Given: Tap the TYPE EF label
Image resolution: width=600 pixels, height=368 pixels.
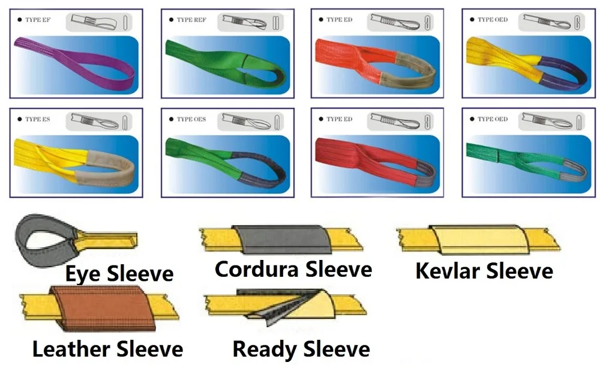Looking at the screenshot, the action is tap(38, 20).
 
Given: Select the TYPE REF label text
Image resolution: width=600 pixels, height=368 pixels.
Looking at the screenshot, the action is tap(191, 20).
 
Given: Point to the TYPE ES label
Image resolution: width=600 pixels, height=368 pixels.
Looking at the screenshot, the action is tap(38, 119).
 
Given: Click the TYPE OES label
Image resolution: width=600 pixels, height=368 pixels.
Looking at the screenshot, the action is tap(191, 119).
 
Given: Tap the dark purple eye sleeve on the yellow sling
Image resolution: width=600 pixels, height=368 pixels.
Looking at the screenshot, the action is tap(561, 72).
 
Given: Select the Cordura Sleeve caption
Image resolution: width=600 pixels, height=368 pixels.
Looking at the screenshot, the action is tap(293, 269).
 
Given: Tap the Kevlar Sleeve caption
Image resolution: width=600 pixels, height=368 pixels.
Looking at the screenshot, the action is tap(484, 271).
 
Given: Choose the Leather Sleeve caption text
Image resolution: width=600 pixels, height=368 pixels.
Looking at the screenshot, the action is tap(107, 348).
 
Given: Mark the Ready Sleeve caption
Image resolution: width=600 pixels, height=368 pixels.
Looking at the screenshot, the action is tap(301, 348).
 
